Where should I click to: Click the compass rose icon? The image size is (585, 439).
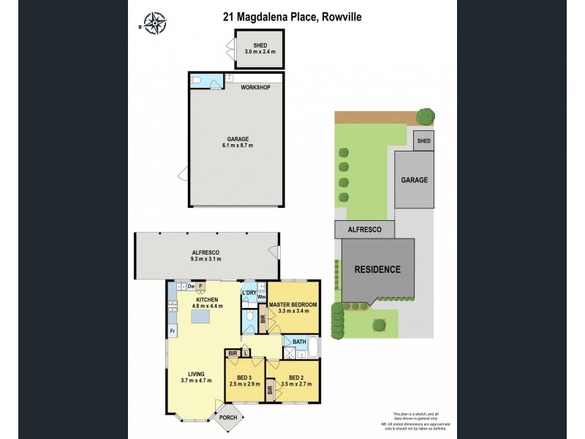coord(154,23)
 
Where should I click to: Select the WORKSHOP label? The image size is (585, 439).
coord(256,88)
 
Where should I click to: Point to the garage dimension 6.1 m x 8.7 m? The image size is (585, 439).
coord(237,146)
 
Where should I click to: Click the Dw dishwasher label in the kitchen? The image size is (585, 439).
coord(190,288)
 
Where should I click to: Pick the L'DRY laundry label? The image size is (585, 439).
coord(249,293)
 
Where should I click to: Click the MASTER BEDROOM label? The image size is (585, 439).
coord(292,304)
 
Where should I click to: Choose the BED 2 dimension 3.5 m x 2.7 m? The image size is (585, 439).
coord(295,383)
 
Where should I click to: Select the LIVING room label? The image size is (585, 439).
coord(195,374)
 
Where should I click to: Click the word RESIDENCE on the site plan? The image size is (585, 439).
coord(377,269)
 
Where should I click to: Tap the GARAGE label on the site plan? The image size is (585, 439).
coord(414,179)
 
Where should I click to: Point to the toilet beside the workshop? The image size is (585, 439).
coord(196,80)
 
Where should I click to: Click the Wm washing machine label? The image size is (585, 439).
coord(261,297)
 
